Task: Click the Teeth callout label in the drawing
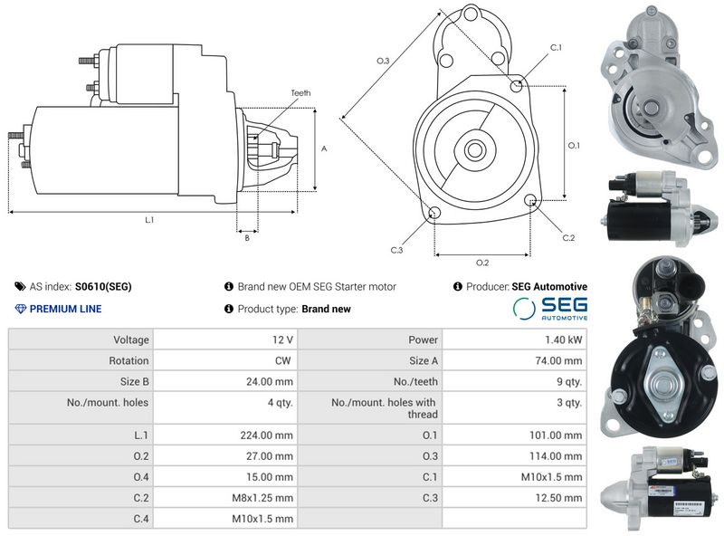pyautogui.click(x=301, y=93)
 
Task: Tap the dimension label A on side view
pyautogui.click(x=324, y=148)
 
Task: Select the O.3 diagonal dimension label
pyautogui.click(x=383, y=61)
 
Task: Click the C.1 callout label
pyautogui.click(x=556, y=47)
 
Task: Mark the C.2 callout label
pyautogui.click(x=568, y=237)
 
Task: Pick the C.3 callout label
pyautogui.click(x=396, y=250)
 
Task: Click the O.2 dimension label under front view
pyautogui.click(x=482, y=263)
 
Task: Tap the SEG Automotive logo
pyautogui.click(x=549, y=309)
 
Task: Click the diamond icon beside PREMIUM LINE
pyautogui.click(x=21, y=309)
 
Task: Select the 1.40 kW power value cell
pyautogui.click(x=564, y=340)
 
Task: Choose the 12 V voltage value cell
pyautogui.click(x=282, y=340)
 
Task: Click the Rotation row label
pyautogui.click(x=129, y=360)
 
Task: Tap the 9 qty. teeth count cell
pyautogui.click(x=567, y=381)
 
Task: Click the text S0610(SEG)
pyautogui.click(x=103, y=286)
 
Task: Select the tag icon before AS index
pyautogui.click(x=21, y=286)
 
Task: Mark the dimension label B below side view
pyautogui.click(x=247, y=238)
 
